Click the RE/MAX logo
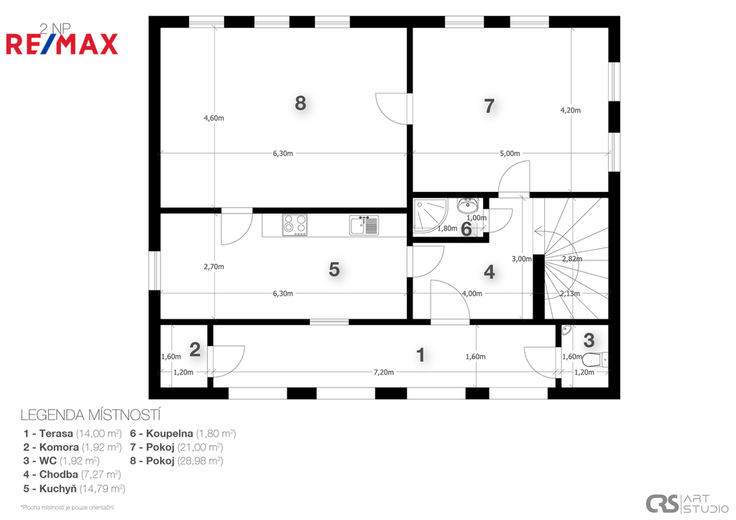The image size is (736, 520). click(62, 44)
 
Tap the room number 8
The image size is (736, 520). click(300, 102)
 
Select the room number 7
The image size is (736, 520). click(489, 106)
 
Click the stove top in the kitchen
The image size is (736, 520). click(295, 224)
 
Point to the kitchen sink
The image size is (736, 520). click(364, 225)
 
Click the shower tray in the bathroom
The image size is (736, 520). click(431, 217)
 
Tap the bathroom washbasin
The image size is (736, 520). click(468, 205)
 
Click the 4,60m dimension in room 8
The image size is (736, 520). click(213, 119)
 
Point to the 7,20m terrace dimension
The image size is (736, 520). click(384, 372)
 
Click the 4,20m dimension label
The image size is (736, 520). click(570, 110)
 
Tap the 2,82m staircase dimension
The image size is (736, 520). click(572, 259)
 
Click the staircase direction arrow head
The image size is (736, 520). click(537, 231)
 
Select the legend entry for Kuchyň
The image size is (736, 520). click(74, 488)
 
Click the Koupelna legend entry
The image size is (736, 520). click(183, 434)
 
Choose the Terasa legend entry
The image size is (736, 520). click(73, 434)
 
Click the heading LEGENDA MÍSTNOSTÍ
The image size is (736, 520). click(91, 415)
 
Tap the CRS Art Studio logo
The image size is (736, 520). click(687, 503)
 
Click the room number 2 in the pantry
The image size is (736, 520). click(195, 350)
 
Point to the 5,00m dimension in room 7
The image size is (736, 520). click(510, 153)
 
